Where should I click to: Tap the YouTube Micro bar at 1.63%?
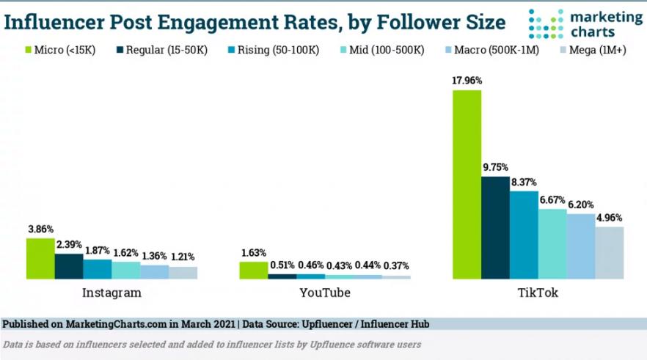click(253, 270)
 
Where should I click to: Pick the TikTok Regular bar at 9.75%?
click(495, 227)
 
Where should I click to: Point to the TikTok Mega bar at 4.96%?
click(609, 253)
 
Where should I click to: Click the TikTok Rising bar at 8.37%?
click(524, 235)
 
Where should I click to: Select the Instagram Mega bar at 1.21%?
click(183, 273)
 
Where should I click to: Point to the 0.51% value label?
click(282, 266)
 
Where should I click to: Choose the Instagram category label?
click(111, 293)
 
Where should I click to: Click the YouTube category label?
click(325, 293)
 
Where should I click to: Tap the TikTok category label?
click(538, 293)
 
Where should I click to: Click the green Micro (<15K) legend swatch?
click(29, 51)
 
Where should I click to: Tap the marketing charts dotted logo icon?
click(545, 23)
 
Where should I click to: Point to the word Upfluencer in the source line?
click(338, 323)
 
